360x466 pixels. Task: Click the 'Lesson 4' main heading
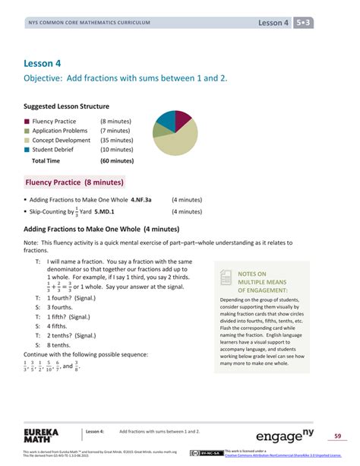point(43,63)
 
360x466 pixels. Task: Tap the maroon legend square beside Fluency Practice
point(27,121)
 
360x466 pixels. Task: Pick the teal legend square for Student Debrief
point(27,150)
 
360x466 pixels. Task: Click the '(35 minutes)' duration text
point(117,141)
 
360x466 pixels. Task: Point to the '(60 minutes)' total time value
point(117,161)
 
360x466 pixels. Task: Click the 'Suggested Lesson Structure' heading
point(67,106)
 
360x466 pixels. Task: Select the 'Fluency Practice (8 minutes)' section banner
point(75,182)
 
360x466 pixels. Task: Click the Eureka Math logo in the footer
point(35,436)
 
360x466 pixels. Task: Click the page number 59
point(338,436)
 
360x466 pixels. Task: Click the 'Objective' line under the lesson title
point(125,78)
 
